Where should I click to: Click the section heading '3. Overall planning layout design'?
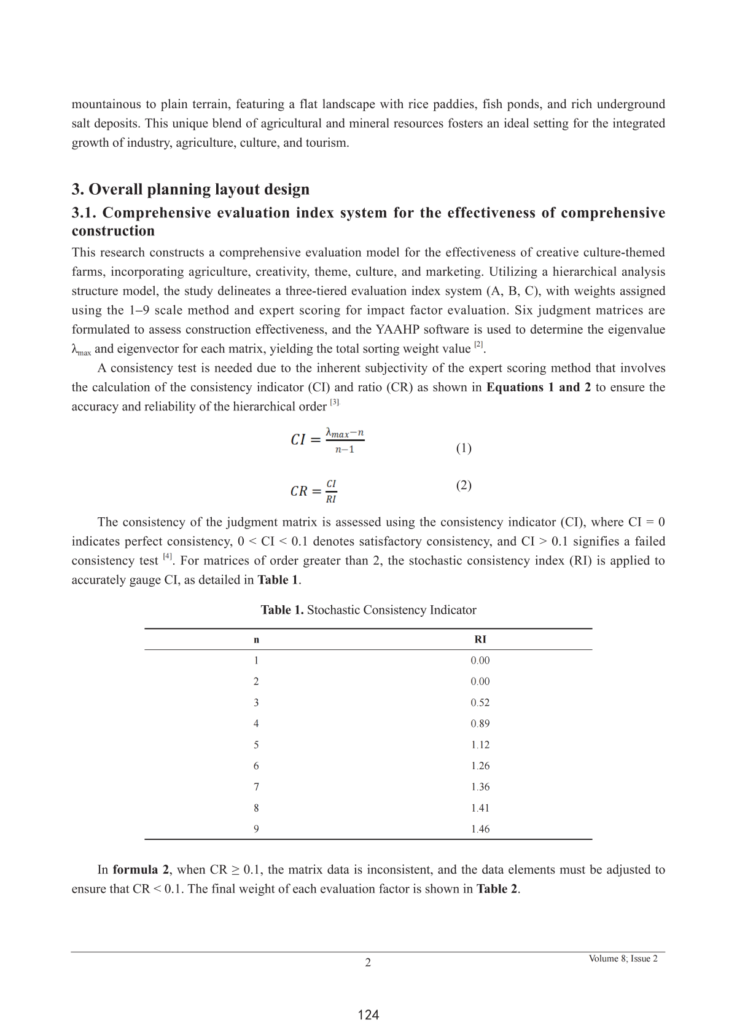[x=190, y=189]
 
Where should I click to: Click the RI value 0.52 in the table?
[x=480, y=702]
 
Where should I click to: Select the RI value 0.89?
[x=480, y=724]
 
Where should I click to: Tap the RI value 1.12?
[x=480, y=745]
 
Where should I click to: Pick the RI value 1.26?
[x=480, y=766]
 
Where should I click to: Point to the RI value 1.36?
[x=480, y=787]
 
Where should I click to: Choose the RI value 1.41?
[x=480, y=808]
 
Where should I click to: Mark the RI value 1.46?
[x=480, y=829]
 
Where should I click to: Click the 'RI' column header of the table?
[x=480, y=639]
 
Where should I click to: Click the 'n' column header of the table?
[x=256, y=640]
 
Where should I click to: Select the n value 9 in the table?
[x=256, y=829]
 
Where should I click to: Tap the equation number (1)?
[x=464, y=448]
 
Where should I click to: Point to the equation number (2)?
[x=464, y=485]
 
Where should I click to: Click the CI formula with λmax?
[x=327, y=440]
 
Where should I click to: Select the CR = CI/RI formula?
[x=314, y=491]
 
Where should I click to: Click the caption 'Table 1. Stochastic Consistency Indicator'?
[x=368, y=610]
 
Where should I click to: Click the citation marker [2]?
[x=478, y=346]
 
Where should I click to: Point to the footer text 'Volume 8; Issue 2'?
[x=623, y=958]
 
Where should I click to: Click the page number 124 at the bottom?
[x=368, y=1015]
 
